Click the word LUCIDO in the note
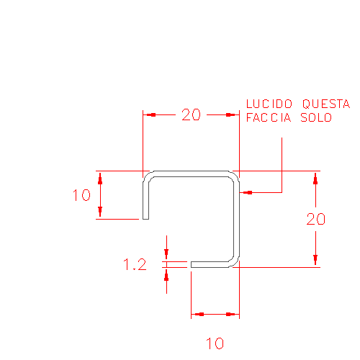tap(269, 104)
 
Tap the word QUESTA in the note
tap(326, 104)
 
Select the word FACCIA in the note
tap(269, 117)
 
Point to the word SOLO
tap(316, 117)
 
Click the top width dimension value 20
tap(191, 114)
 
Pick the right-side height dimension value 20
tap(316, 219)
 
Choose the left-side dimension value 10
tap(81, 194)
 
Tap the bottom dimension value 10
tap(215, 343)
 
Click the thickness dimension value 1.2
tap(135, 264)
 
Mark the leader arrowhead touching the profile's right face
tap(246, 192)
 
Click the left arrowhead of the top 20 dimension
tap(149, 114)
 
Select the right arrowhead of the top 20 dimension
tap(233, 114)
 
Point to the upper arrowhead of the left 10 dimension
tap(100, 178)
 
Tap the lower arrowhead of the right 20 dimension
tap(315, 261)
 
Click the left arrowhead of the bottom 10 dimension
tap(197, 314)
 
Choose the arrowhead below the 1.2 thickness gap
tap(166, 274)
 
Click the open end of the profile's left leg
tap(145, 218)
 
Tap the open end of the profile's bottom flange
tap(192, 264)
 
